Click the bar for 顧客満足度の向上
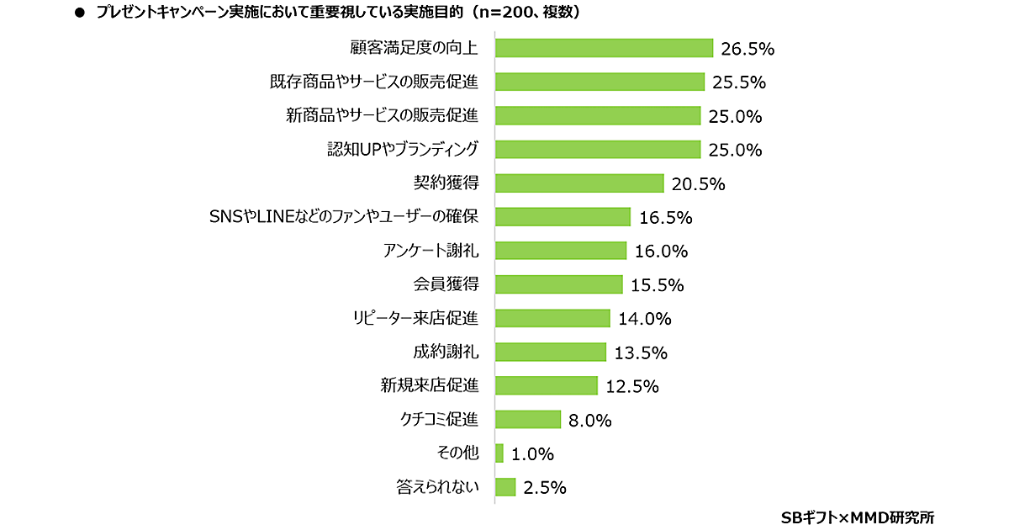(604, 48)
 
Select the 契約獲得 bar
(579, 183)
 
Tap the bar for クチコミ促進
(528, 419)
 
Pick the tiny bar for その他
(499, 453)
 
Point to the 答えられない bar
(505, 487)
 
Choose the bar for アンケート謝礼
(561, 251)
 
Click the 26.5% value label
(748, 49)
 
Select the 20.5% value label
(698, 184)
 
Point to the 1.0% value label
(533, 454)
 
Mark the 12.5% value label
(631, 386)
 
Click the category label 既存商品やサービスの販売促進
(374, 82)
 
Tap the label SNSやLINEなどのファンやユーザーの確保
(343, 216)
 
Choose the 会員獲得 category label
(446, 284)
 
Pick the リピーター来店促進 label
(415, 318)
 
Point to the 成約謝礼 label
(446, 352)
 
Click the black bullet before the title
(81, 13)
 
